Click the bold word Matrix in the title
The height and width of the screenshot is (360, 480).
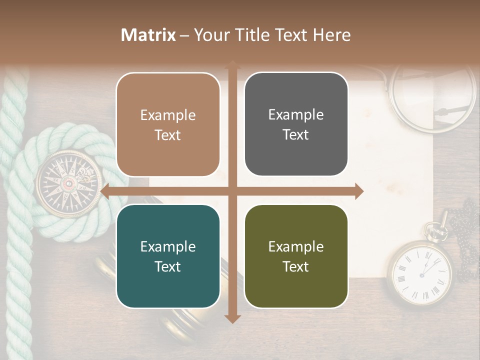point(148,35)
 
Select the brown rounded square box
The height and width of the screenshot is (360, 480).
point(168,124)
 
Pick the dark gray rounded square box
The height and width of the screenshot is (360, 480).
point(296,124)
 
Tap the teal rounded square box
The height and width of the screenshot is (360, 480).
point(168,256)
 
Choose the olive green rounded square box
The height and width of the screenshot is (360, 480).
point(296,256)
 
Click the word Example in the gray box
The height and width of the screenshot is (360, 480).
point(296,114)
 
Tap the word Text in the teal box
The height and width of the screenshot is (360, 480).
point(168,266)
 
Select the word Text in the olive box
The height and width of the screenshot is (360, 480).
point(296,266)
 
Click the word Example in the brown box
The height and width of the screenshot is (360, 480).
point(168,115)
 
